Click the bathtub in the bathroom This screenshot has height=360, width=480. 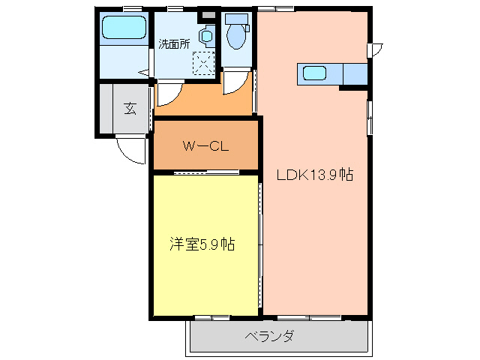(124, 29)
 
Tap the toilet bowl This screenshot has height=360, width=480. (237, 37)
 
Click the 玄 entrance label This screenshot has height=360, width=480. (130, 109)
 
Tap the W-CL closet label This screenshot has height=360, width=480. (205, 145)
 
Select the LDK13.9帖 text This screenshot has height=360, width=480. (313, 175)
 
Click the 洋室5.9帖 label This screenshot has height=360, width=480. (201, 244)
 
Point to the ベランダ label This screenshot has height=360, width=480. (268, 336)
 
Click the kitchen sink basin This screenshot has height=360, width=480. (314, 73)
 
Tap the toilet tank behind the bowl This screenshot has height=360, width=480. (236, 19)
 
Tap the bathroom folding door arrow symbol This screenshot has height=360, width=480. (143, 73)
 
